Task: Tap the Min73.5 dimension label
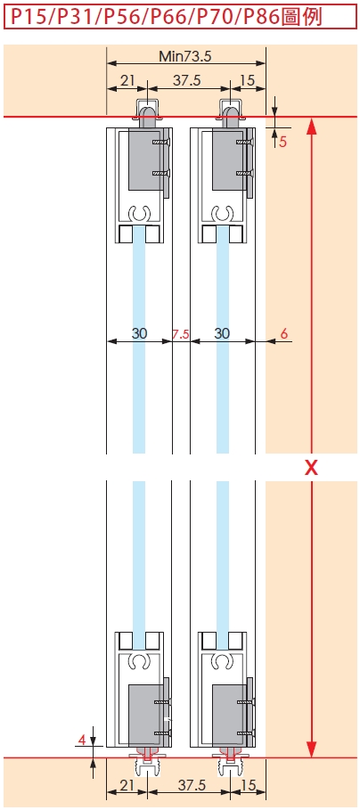[x=185, y=56]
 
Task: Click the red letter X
[x=311, y=468]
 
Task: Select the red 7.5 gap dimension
[x=181, y=335]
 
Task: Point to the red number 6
[x=284, y=333]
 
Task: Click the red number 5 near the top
[x=282, y=142]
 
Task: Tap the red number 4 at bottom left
[x=81, y=740]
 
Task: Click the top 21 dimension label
[x=127, y=80]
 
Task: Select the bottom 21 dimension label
[x=127, y=785]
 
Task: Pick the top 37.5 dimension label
[x=186, y=80]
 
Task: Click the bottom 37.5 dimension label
[x=191, y=785]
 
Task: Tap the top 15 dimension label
[x=248, y=80]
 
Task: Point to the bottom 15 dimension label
[x=249, y=785]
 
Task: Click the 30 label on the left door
[x=139, y=333]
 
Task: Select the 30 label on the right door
[x=222, y=333]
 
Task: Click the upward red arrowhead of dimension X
[x=311, y=126]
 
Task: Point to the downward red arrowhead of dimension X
[x=311, y=749]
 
